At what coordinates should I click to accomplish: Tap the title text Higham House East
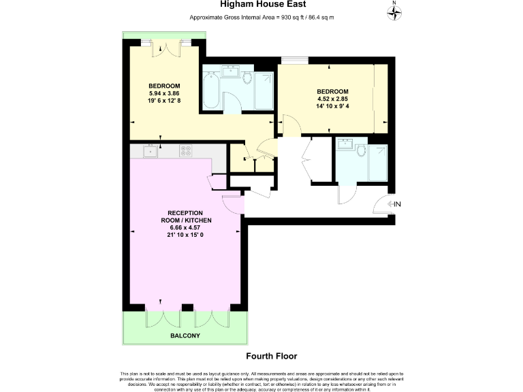point(261,5)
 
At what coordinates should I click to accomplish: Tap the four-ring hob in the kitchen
point(185,150)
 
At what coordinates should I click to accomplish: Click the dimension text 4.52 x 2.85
point(332,98)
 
